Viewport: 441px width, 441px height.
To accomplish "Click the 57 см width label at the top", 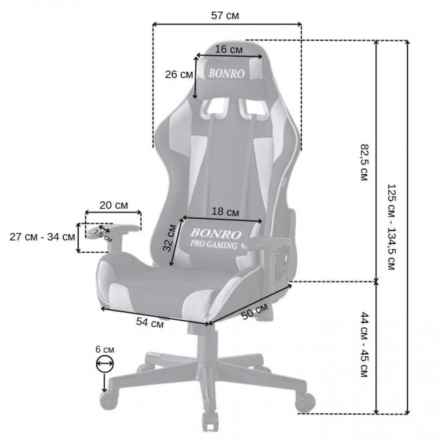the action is coord(225,15).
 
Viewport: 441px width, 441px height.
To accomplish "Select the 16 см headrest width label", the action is coord(228,49).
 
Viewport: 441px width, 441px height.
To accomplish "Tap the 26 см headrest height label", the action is coord(179,75).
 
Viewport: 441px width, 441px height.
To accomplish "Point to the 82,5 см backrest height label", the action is coord(364,162).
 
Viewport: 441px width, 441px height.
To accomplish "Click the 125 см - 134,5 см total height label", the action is coord(392,227).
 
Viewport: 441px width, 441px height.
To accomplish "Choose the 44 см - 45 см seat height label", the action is coord(364,344).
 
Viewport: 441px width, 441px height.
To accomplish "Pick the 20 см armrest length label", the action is coord(114,206).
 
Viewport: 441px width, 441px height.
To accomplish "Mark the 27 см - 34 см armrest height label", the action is coord(42,237).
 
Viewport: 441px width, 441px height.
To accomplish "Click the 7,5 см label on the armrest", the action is coord(103,235).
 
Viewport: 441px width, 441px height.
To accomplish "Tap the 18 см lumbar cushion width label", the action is coord(225,212).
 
